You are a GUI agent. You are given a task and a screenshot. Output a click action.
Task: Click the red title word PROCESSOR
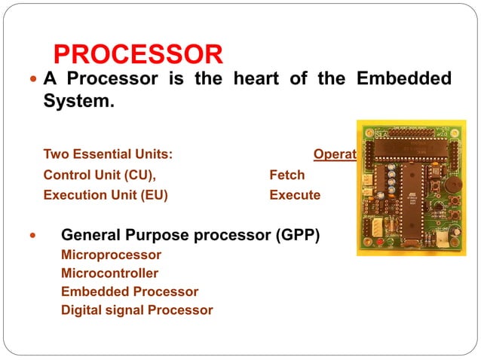click(139, 54)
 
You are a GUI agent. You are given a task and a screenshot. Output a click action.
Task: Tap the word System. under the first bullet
click(78, 100)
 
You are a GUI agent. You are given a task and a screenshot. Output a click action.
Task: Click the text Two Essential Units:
click(108, 154)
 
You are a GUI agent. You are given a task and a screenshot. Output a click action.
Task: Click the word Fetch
click(286, 175)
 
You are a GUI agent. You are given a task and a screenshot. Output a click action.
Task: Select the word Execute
click(295, 195)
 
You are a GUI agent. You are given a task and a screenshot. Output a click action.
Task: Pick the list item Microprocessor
click(111, 255)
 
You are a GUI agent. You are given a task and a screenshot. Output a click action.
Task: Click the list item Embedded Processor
click(129, 291)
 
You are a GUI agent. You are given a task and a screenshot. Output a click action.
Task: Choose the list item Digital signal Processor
click(136, 310)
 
